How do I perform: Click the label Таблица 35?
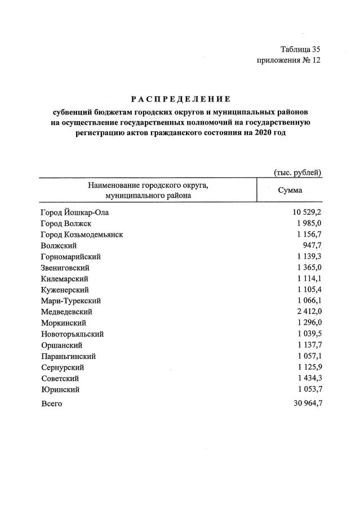coord(300,50)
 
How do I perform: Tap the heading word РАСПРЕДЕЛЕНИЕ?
coord(180,99)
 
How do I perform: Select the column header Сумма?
coord(290,190)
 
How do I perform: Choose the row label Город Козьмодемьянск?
coord(82,234)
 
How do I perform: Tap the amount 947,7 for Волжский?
coord(311,246)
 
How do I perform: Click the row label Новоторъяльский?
coord(72,334)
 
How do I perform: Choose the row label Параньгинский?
coord(68,356)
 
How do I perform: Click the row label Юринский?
coord(60,389)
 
